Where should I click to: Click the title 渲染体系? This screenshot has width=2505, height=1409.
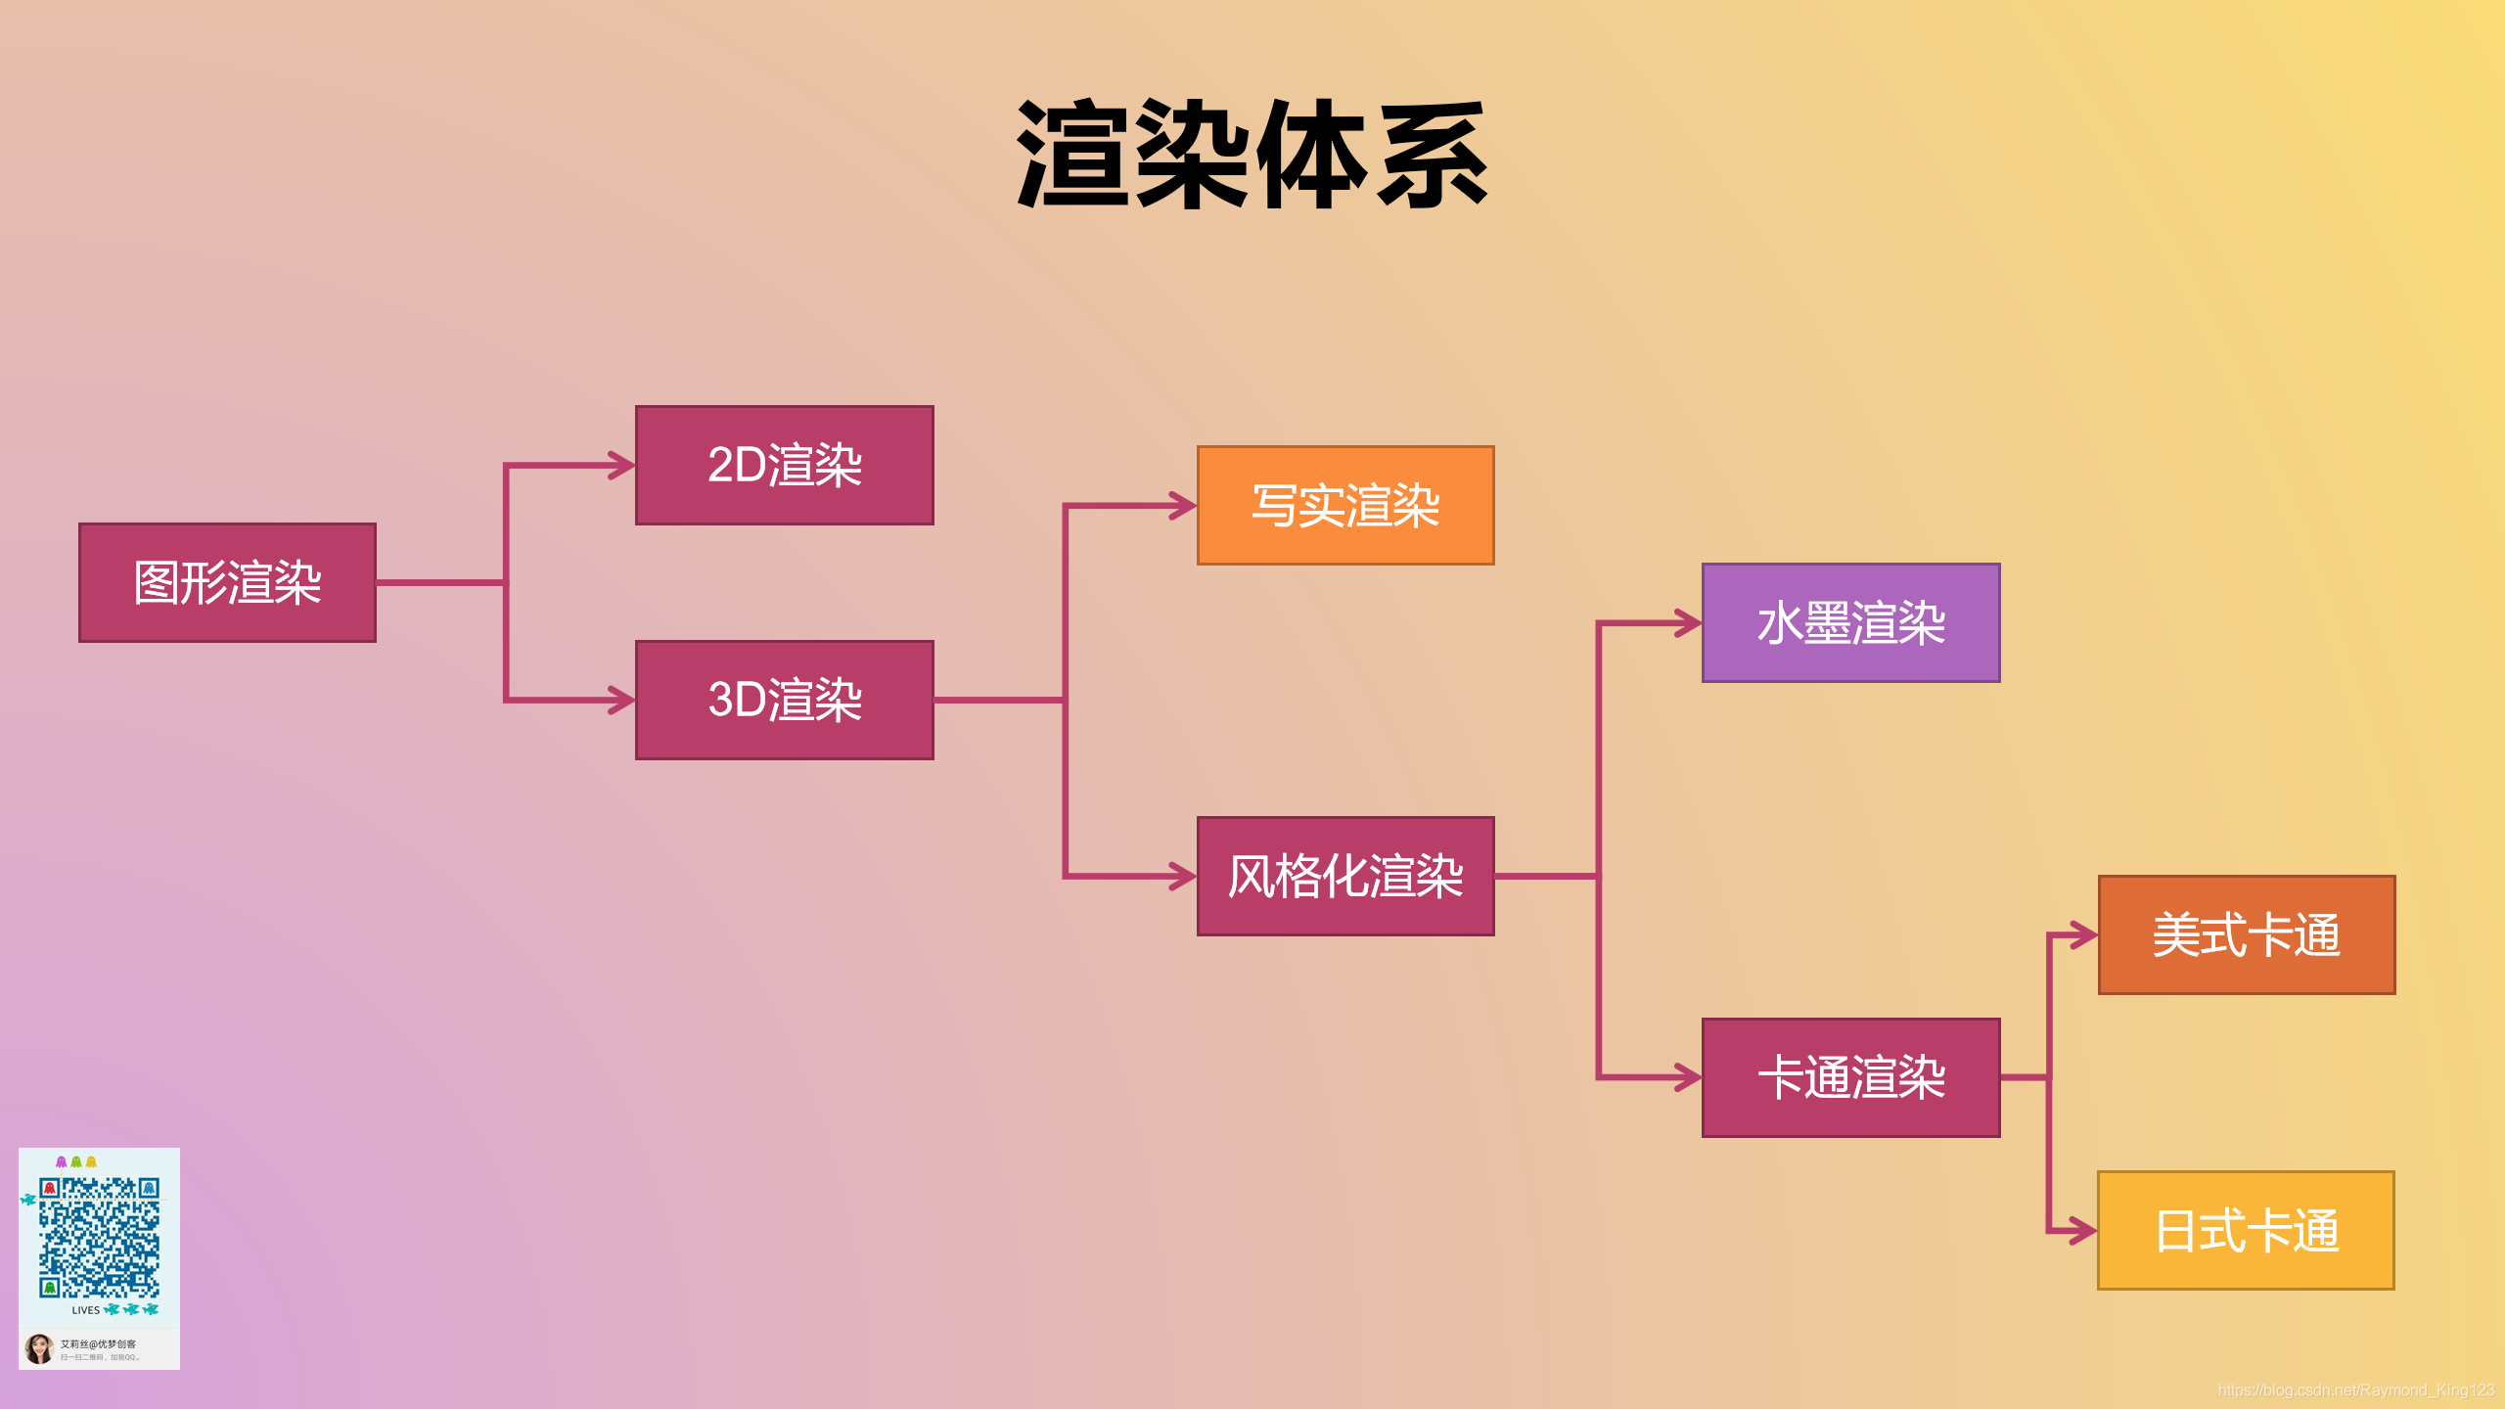tap(1252, 155)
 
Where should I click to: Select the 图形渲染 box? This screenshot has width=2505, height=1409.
tap(227, 583)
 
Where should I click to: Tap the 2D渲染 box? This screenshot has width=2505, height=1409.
tap(784, 466)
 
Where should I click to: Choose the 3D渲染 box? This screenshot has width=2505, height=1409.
tap(784, 701)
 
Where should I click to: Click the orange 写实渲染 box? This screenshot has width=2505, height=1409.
tap(1345, 506)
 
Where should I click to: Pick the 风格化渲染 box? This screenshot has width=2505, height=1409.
tap(1345, 877)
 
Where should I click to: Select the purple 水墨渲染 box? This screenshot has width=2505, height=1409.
tap(1850, 623)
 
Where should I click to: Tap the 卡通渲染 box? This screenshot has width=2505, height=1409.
tap(1850, 1077)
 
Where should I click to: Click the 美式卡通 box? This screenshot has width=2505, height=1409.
tap(2247, 935)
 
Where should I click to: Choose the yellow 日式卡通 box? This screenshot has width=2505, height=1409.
tap(2246, 1231)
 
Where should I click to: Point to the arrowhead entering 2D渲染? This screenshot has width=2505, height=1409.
tap(622, 466)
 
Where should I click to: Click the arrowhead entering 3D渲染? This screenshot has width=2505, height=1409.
tap(622, 701)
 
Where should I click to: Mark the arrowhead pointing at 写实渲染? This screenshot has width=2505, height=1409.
tap(1184, 506)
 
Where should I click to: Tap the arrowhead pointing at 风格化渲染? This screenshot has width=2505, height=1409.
tap(1184, 877)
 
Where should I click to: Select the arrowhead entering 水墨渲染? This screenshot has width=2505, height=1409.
tap(1689, 623)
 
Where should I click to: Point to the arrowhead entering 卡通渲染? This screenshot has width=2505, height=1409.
tap(1689, 1077)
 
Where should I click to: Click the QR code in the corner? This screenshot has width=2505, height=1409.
tap(99, 1238)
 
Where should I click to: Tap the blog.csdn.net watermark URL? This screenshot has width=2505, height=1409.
tap(2355, 1390)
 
